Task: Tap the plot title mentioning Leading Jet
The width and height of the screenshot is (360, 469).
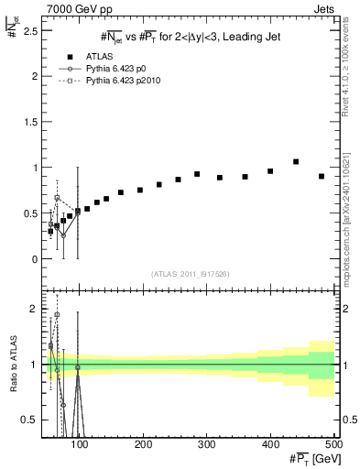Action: pyautogui.click(x=190, y=36)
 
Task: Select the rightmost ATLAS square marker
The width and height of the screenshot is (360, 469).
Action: pyautogui.click(x=322, y=176)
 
